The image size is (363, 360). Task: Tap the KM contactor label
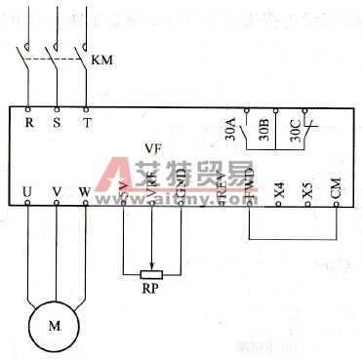(x=101, y=60)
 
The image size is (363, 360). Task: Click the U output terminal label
(x=27, y=191)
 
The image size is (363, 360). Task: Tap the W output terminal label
(x=85, y=191)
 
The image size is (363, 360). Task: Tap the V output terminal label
(x=57, y=191)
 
